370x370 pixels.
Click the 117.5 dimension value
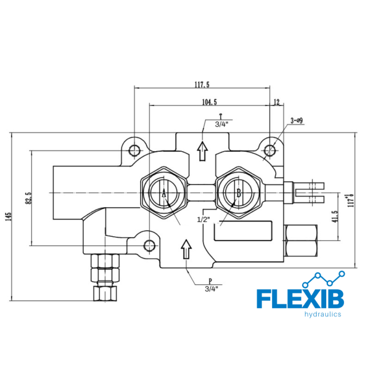pos(202,84)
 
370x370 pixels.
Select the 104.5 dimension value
pos(210,102)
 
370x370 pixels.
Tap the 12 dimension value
pos(276,102)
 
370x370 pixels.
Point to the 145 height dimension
pos(8,217)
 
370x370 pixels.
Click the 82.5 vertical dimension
pos(28,198)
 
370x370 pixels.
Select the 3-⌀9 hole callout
pos(297,121)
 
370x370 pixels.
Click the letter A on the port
pos(164,194)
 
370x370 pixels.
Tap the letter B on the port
pos(239,193)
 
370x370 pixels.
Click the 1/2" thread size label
pos(203,220)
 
